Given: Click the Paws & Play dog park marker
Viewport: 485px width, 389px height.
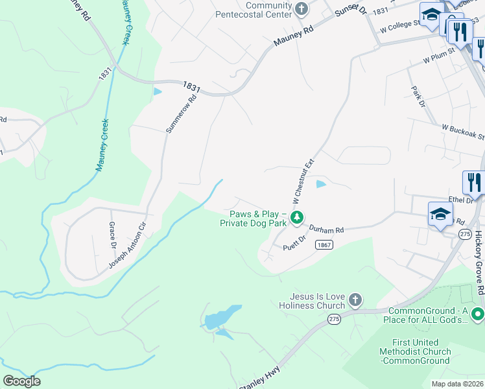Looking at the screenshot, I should click(x=296, y=217).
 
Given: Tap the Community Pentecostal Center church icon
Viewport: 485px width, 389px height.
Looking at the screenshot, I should click(x=301, y=9).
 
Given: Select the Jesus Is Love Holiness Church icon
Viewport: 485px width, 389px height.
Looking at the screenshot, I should click(x=354, y=300).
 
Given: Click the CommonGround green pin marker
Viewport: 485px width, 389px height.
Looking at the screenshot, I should click(x=477, y=314).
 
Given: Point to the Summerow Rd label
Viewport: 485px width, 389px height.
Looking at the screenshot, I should click(x=181, y=115).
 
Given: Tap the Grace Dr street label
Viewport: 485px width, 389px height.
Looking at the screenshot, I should click(x=112, y=236).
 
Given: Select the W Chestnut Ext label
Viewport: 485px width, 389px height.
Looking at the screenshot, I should click(x=301, y=180).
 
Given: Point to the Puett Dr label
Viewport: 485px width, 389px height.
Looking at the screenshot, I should click(x=294, y=246).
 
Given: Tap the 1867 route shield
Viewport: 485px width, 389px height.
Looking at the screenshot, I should click(x=325, y=244).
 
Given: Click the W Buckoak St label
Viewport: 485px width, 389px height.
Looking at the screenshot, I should click(x=463, y=131).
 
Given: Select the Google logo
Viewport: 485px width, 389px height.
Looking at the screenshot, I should click(x=21, y=381).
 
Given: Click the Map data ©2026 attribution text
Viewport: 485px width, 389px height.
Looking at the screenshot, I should click(x=458, y=384).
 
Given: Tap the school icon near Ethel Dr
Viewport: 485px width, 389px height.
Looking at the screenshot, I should click(x=440, y=215).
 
